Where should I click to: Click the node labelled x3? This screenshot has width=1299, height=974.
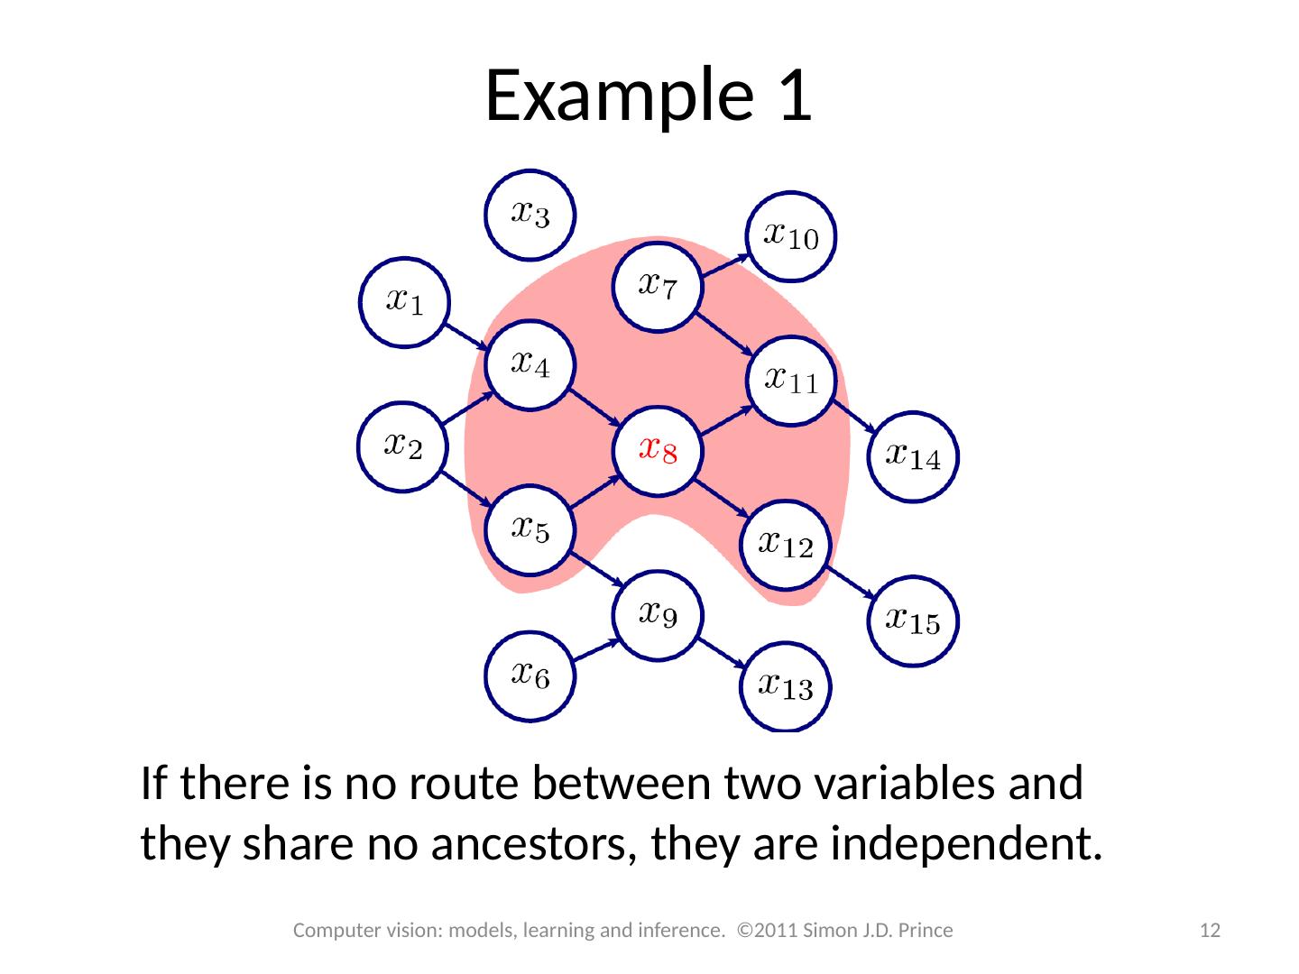click(x=530, y=216)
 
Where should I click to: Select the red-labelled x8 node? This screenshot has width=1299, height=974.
click(x=658, y=449)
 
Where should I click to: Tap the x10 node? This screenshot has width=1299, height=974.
click(x=792, y=236)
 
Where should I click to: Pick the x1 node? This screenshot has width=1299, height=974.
click(x=403, y=301)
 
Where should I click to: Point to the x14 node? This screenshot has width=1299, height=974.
click(x=913, y=456)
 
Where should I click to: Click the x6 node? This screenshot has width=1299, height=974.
click(x=530, y=675)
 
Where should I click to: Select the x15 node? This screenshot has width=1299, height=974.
click(x=913, y=620)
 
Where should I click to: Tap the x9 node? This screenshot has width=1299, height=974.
click(x=658, y=616)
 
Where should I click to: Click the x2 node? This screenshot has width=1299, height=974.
click(x=402, y=446)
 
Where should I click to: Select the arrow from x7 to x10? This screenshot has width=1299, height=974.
click(x=725, y=263)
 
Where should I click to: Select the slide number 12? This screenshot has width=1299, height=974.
click(x=1212, y=930)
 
